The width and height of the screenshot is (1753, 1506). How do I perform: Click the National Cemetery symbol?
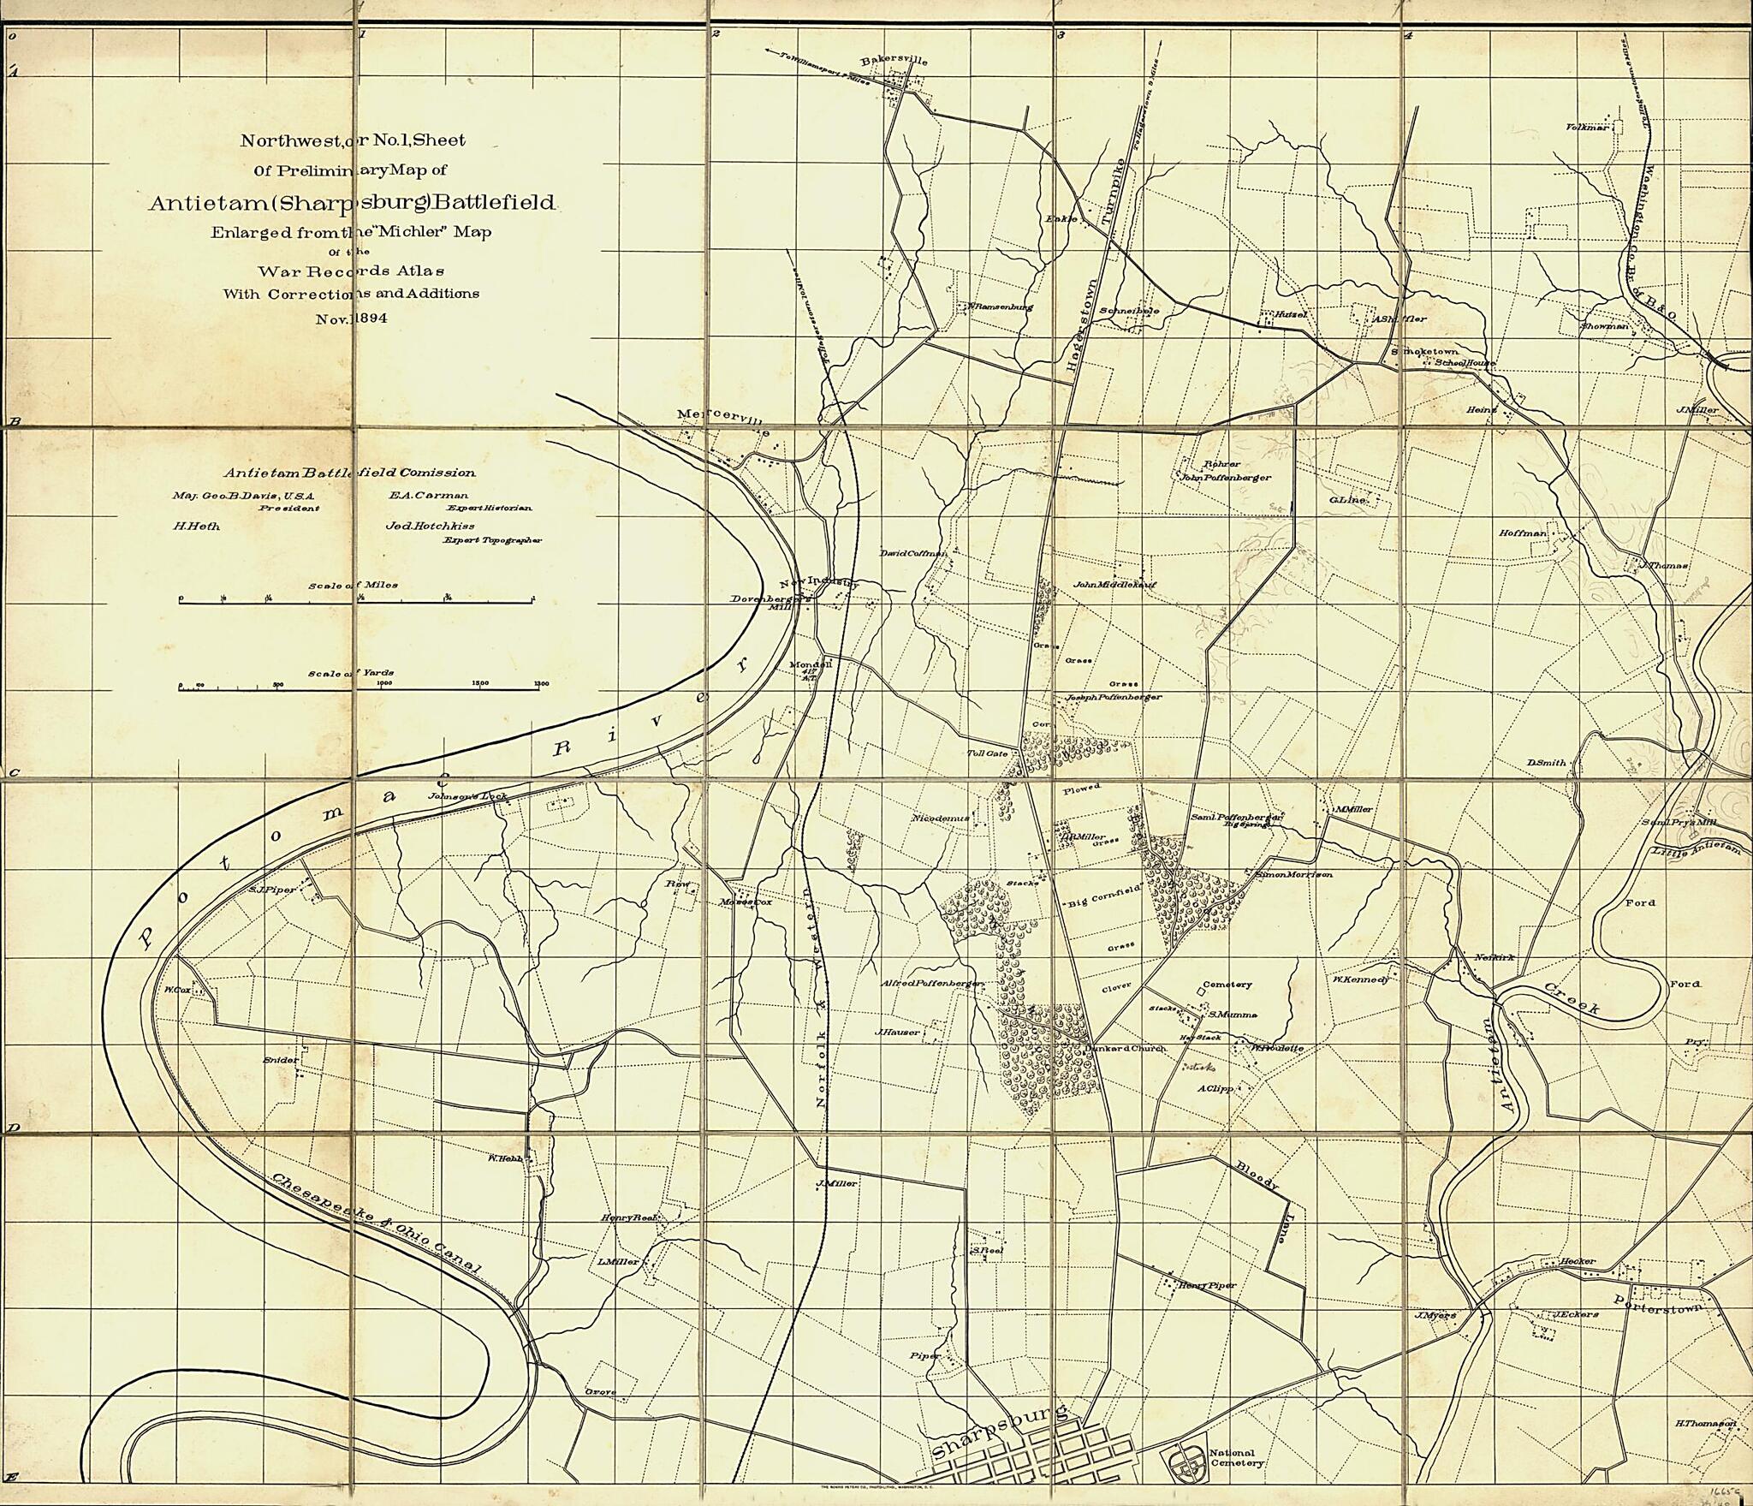[x=1184, y=1458]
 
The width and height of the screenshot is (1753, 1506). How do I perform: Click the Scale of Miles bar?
[x=356, y=603]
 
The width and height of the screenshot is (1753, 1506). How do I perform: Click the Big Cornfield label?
[x=1103, y=903]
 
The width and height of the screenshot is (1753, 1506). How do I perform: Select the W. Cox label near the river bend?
[x=177, y=990]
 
